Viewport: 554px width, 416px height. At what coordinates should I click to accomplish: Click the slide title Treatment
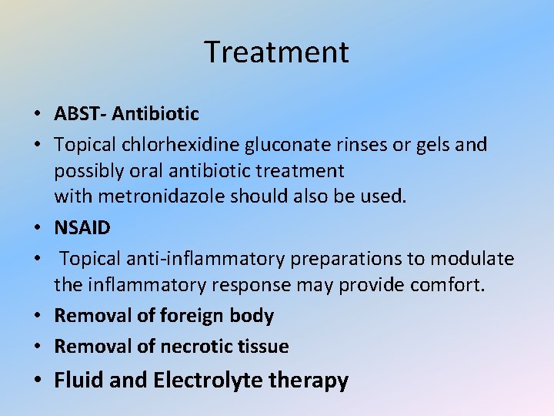(276, 52)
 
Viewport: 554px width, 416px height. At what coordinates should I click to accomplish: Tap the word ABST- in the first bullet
(80, 114)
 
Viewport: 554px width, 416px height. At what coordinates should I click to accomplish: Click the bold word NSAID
(82, 227)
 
